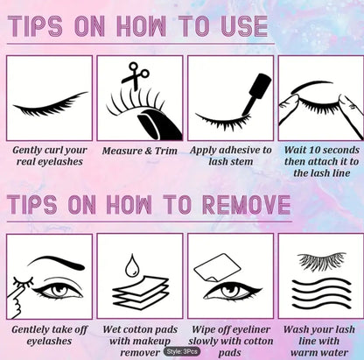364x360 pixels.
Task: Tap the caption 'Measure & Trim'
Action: (139, 151)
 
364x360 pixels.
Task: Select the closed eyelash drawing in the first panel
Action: (50, 105)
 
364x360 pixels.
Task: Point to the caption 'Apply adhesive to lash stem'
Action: (230, 158)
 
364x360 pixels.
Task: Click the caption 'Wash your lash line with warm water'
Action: (318, 342)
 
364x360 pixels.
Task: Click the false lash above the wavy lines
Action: (318, 261)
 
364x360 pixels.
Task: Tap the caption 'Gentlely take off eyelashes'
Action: (49, 336)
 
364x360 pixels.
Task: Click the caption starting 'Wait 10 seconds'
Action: (318, 158)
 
